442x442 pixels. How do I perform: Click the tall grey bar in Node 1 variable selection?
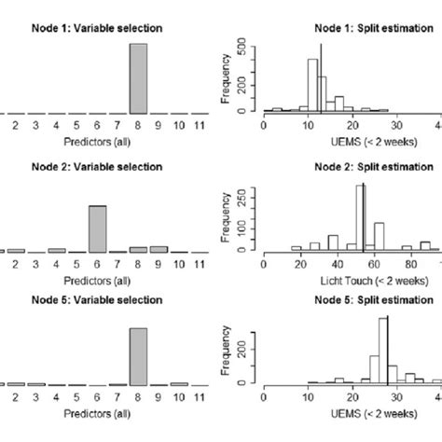(x=137, y=78)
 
